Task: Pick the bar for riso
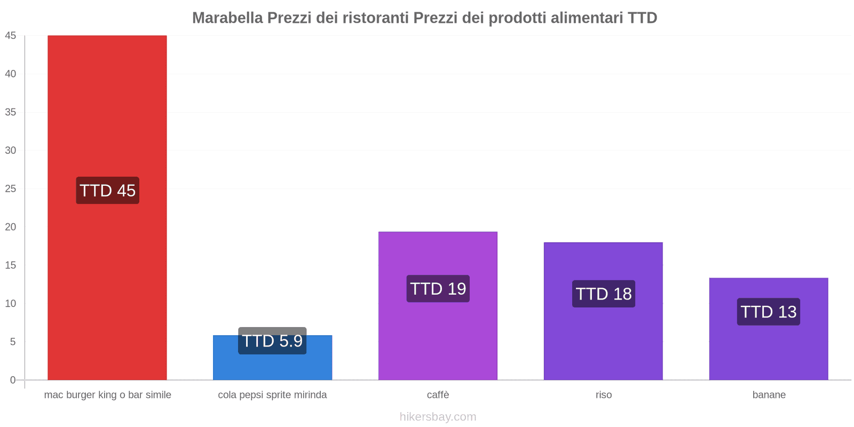point(603,342)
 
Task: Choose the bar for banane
point(769,352)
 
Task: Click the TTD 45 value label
point(107,191)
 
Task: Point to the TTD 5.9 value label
point(272,341)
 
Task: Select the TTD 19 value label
point(438,289)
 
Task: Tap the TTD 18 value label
point(604,294)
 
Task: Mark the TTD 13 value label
point(769,312)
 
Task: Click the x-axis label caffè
point(438,395)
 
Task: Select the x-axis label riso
point(604,395)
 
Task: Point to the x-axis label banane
point(769,395)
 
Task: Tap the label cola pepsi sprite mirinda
point(272,395)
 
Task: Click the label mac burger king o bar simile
point(107,395)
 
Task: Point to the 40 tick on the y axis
point(11,74)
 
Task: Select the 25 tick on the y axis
point(11,188)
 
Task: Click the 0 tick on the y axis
point(13,380)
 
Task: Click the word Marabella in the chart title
point(227,18)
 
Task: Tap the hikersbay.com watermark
point(438,417)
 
